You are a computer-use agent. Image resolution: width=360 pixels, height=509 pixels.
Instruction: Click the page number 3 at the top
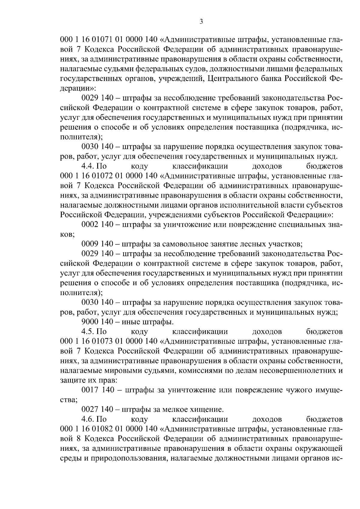click(x=201, y=21)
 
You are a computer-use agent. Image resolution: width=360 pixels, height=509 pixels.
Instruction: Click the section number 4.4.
click(x=88, y=166)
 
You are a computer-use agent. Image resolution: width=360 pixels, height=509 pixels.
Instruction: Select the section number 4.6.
click(x=88, y=419)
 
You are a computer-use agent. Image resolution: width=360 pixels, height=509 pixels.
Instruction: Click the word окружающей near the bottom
click(x=319, y=448)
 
